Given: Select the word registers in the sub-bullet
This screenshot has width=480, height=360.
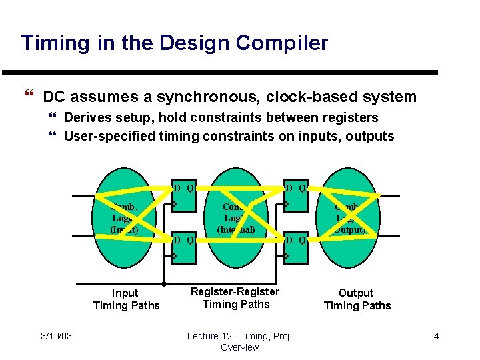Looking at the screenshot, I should pyautogui.click(x=349, y=118).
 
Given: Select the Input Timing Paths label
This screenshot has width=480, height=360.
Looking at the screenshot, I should pyautogui.click(x=126, y=299).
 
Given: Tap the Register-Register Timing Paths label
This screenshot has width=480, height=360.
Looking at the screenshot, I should pyautogui.click(x=235, y=298).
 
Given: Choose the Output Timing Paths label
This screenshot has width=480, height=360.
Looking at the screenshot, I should pyautogui.click(x=357, y=299).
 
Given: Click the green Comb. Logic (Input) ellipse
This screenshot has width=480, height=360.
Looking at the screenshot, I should pyautogui.click(x=124, y=220).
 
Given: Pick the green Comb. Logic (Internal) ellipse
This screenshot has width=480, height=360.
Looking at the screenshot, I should pyautogui.click(x=236, y=220).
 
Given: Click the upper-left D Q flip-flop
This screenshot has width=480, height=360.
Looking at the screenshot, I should pyautogui.click(x=183, y=197).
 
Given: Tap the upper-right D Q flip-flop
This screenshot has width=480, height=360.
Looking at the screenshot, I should pyautogui.click(x=295, y=197).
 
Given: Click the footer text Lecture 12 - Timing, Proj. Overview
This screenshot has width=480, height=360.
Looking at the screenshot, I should pyautogui.click(x=240, y=341).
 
